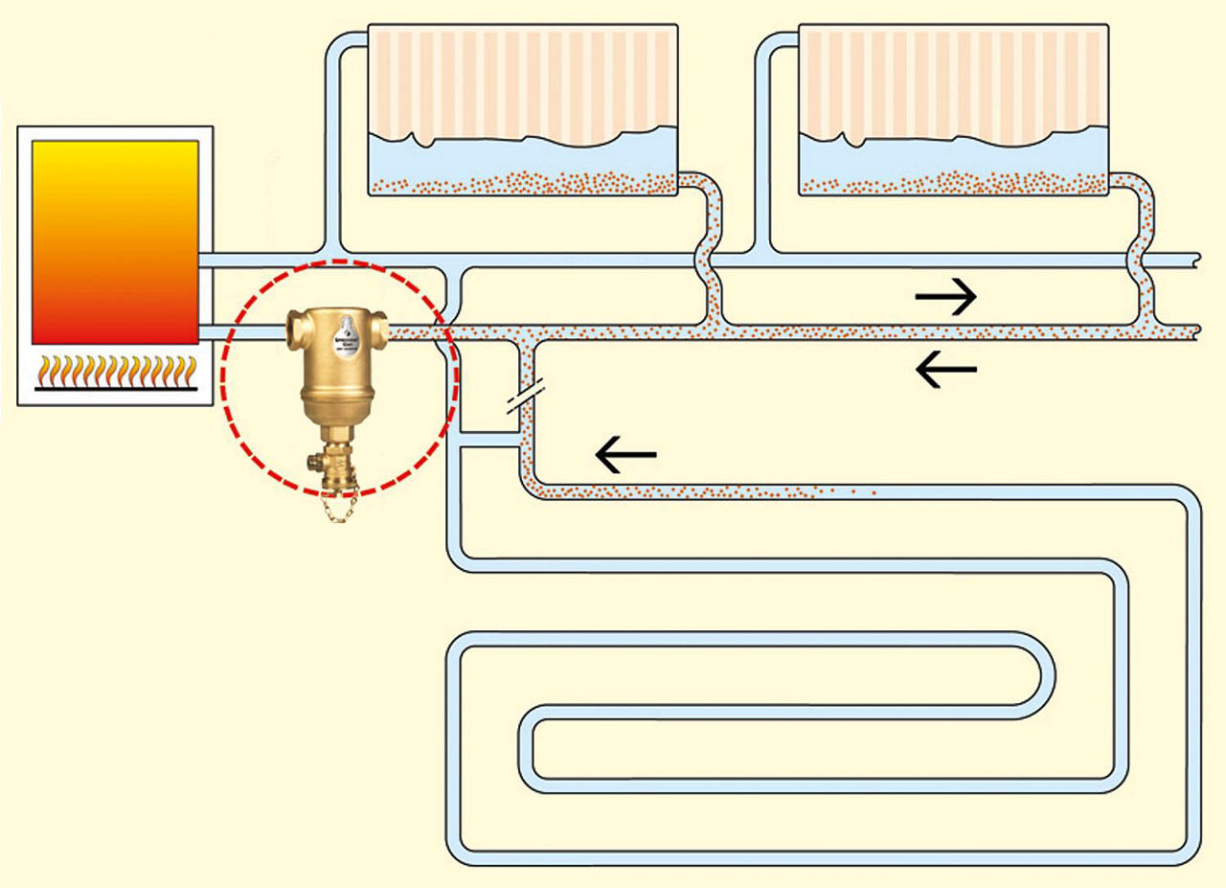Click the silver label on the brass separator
(x=341, y=346)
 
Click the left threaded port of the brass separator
(x=293, y=331)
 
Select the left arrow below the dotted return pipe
(x=946, y=369)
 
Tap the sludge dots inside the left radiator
(x=522, y=181)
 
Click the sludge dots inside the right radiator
(x=953, y=181)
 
